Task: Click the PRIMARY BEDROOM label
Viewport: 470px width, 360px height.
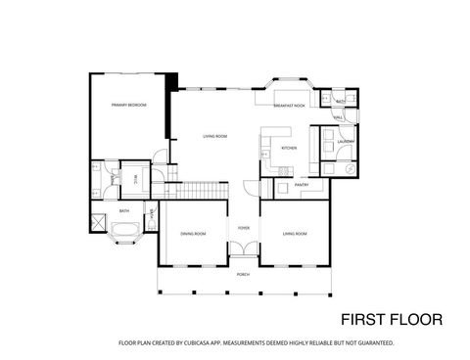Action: tap(127, 105)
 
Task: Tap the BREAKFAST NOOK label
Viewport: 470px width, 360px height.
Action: tap(289, 105)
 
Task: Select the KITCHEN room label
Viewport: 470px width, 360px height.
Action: tap(288, 148)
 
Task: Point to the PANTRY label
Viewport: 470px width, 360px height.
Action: tap(302, 184)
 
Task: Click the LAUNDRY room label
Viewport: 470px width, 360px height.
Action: tap(345, 142)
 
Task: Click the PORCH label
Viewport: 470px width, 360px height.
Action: tap(242, 275)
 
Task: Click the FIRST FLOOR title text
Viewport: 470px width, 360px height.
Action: tap(391, 319)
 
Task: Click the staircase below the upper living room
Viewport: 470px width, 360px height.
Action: tap(196, 188)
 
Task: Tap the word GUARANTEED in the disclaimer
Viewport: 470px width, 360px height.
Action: tap(374, 343)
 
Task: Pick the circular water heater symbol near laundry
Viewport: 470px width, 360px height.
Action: tap(349, 169)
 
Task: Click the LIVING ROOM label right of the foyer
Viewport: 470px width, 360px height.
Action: tap(295, 234)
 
